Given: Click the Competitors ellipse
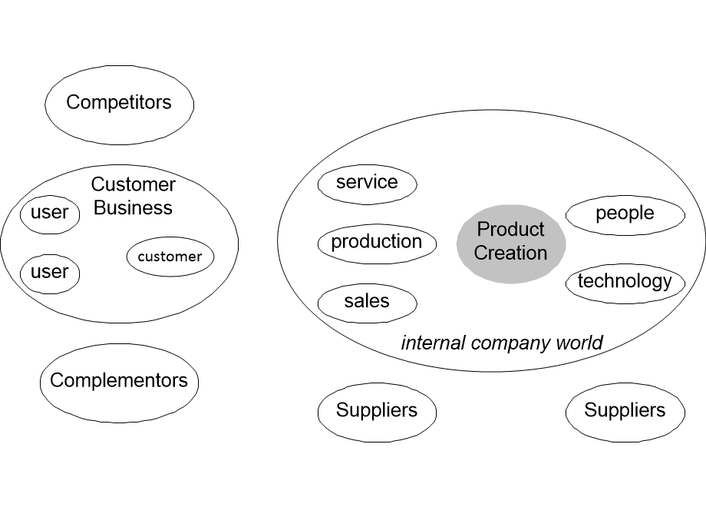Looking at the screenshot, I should click(119, 104).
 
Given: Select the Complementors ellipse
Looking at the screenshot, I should click(119, 381).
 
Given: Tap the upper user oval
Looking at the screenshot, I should click(50, 214).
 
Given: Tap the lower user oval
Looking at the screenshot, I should click(50, 273).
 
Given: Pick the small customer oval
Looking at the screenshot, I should click(170, 257).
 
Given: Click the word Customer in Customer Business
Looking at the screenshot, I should click(133, 185).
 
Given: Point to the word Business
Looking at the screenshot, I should click(133, 208).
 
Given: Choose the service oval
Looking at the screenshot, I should click(367, 183).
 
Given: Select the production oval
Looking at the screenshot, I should click(376, 243).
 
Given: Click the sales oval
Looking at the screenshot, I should click(367, 302).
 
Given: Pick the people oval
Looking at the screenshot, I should click(625, 214).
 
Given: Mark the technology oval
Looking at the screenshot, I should click(625, 282).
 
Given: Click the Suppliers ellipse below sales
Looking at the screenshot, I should click(376, 411).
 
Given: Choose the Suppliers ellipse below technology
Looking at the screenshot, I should click(625, 411).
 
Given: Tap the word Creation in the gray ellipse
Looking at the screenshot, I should click(511, 253).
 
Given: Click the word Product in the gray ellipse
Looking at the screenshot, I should click(511, 229).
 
